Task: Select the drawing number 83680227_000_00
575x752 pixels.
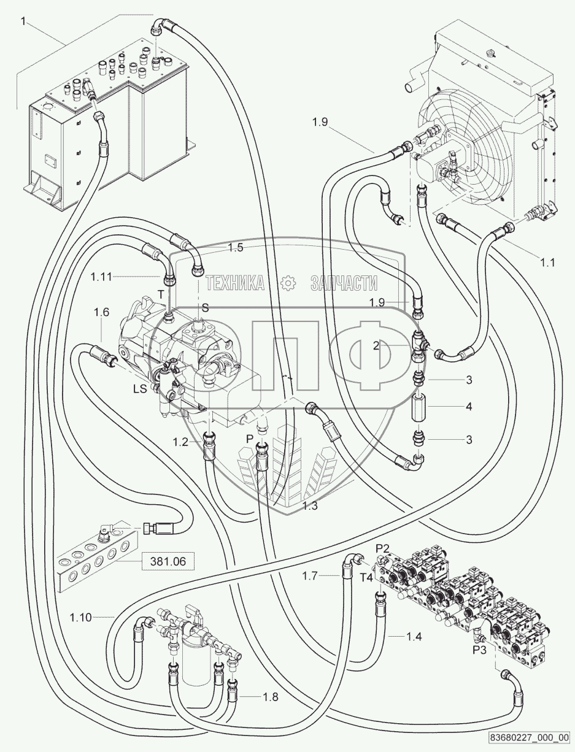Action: pos(529,737)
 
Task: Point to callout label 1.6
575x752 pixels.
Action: pos(101,312)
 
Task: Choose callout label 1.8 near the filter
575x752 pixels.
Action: pos(271,696)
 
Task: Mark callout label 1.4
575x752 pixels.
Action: pos(414,637)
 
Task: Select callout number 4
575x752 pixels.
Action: pos(468,407)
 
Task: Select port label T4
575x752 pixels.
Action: pos(366,577)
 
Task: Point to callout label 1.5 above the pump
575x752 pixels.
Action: pos(236,248)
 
